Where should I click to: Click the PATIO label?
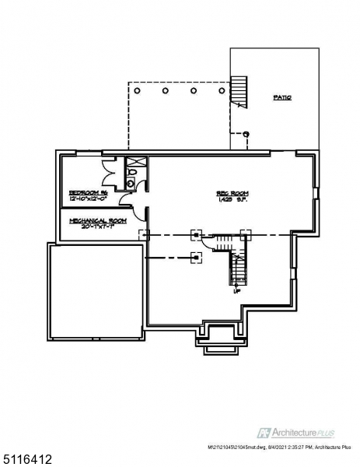pos(281,98)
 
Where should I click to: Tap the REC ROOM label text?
pos(232,193)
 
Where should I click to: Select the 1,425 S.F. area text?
pos(232,200)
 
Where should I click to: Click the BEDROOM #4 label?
pos(87,192)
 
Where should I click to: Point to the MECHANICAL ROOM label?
pos(97,220)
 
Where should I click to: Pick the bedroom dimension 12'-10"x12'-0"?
pos(87,199)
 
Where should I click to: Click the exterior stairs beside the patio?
pos(239,89)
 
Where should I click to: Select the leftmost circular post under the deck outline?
pos(138,90)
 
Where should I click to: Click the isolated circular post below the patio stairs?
pos(246,134)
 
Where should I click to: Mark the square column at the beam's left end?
pos(142,233)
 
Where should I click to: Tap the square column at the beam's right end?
pos(245,233)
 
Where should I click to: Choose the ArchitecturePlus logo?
pos(300,430)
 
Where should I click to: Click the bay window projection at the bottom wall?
pos(217,335)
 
